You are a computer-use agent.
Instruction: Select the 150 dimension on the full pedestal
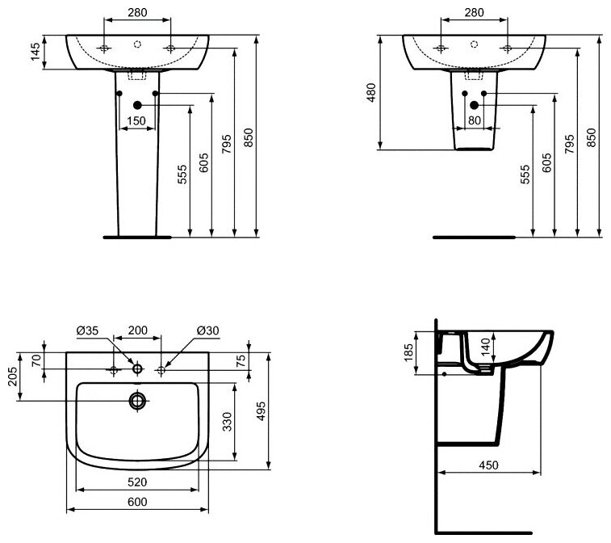pyautogui.click(x=136, y=120)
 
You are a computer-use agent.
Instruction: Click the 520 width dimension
pyautogui.click(x=137, y=482)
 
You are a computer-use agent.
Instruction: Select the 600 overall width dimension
pyautogui.click(x=137, y=502)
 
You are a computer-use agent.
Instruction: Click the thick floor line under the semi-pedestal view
pyautogui.click(x=474, y=238)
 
